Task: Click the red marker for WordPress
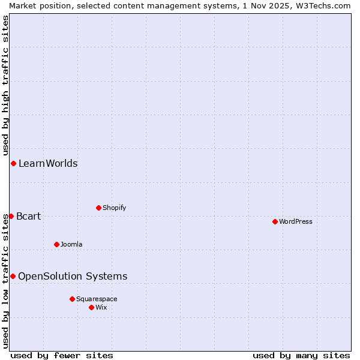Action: click(x=275, y=221)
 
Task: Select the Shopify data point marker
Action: click(x=98, y=208)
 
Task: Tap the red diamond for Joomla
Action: click(x=56, y=244)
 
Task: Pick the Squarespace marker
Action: click(x=72, y=299)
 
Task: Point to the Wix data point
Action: click(x=91, y=307)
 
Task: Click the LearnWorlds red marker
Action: click(x=13, y=163)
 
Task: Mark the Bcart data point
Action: click(x=11, y=216)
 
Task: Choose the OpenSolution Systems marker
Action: click(x=13, y=276)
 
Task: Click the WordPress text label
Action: click(x=295, y=221)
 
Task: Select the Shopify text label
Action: click(x=114, y=208)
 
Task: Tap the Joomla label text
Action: click(x=71, y=244)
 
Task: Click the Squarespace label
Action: click(x=97, y=299)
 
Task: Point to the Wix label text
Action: click(x=101, y=307)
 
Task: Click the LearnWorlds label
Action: click(x=48, y=163)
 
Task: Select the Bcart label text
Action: click(x=28, y=216)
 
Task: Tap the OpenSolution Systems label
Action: click(x=73, y=276)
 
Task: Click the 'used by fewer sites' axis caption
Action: click(x=62, y=355)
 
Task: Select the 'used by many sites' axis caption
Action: click(x=301, y=355)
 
